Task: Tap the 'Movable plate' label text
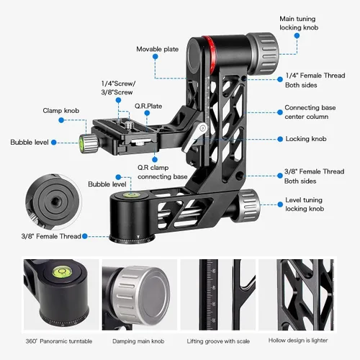(158, 49)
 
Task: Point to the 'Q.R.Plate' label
(150, 105)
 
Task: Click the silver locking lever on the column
(196, 137)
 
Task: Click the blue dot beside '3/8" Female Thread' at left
(85, 235)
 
